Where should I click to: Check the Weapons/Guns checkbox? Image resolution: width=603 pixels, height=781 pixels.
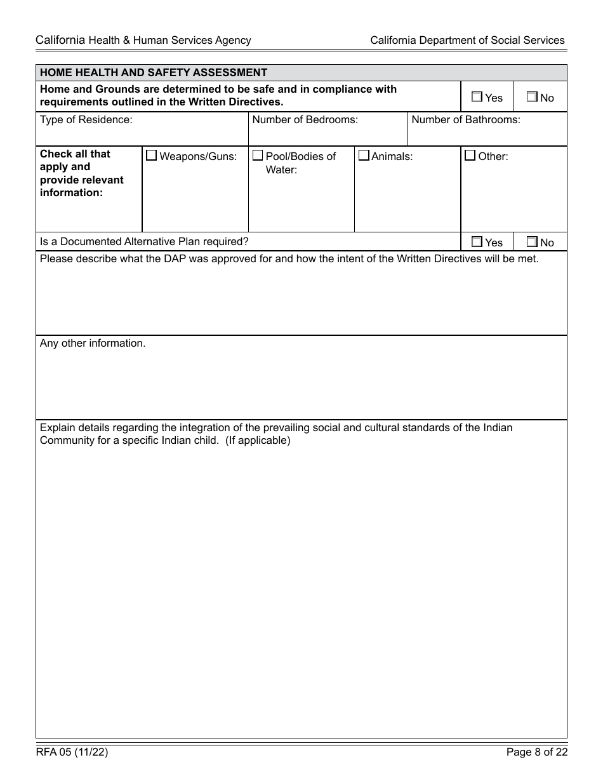click(x=152, y=156)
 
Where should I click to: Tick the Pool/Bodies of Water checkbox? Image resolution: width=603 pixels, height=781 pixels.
click(x=258, y=156)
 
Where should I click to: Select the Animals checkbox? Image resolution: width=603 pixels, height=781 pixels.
click(x=364, y=156)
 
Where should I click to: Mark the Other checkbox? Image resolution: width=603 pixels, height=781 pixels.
click(x=470, y=156)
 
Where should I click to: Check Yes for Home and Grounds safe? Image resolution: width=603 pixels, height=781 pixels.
click(x=477, y=97)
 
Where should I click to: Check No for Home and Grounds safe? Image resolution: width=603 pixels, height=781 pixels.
click(x=532, y=97)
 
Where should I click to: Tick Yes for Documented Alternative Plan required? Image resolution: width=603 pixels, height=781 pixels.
click(x=477, y=242)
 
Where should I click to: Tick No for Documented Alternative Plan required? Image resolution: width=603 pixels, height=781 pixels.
click(x=532, y=242)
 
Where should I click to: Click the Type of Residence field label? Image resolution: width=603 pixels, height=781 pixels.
click(x=86, y=119)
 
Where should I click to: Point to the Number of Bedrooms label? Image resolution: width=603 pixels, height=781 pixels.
click(x=305, y=119)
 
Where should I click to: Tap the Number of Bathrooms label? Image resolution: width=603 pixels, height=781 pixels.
click(x=466, y=119)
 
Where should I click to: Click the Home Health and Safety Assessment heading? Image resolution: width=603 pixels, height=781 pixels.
click(x=154, y=72)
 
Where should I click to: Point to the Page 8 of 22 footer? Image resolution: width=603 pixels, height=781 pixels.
click(x=537, y=752)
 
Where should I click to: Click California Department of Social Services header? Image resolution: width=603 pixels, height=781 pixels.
click(x=467, y=40)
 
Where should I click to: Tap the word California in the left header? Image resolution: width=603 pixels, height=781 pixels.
click(x=60, y=40)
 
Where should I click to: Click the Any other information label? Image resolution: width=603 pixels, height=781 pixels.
click(x=93, y=343)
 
